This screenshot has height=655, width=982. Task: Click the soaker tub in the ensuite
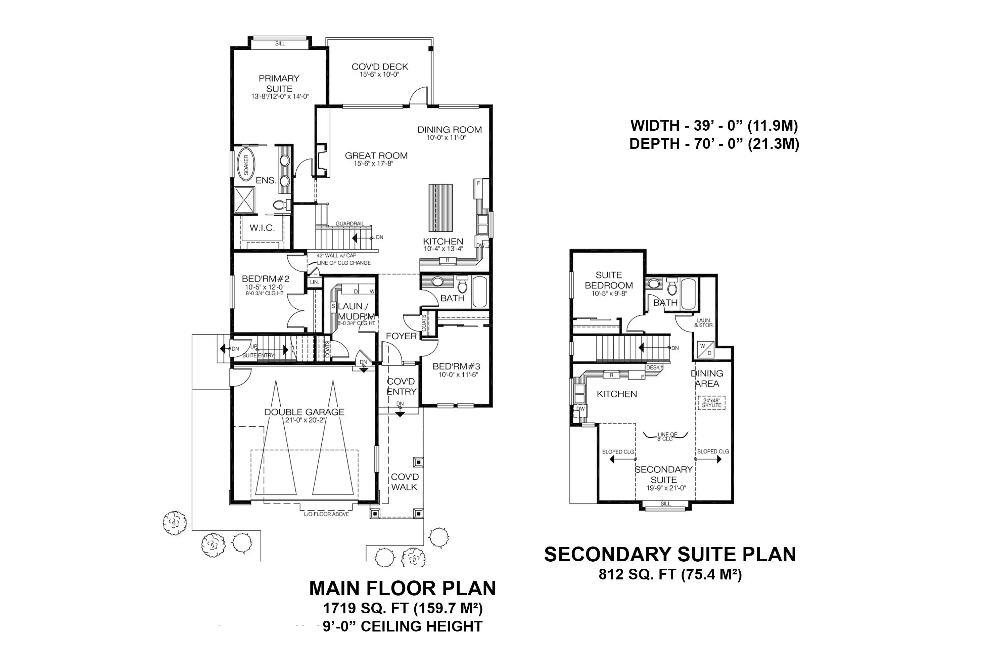(x=246, y=165)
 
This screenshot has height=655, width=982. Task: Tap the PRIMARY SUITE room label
(x=279, y=84)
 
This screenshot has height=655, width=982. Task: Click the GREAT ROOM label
(x=376, y=156)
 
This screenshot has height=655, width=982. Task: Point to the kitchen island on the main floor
(x=440, y=208)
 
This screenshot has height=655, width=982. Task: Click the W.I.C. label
(x=262, y=228)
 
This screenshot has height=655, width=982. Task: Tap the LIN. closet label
(x=314, y=282)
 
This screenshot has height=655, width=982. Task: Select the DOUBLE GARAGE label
(x=305, y=412)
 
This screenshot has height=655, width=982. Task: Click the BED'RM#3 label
(x=456, y=366)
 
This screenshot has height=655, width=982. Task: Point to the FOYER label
(x=401, y=336)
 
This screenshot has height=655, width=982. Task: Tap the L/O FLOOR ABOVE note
(x=327, y=514)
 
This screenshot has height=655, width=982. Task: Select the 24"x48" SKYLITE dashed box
(x=711, y=403)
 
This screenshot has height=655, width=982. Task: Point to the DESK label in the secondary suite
(x=653, y=367)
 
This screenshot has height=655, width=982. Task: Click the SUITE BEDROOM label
(x=609, y=280)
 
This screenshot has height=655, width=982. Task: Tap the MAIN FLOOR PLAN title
(x=403, y=588)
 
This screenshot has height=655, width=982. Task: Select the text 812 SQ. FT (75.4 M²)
(x=670, y=574)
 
